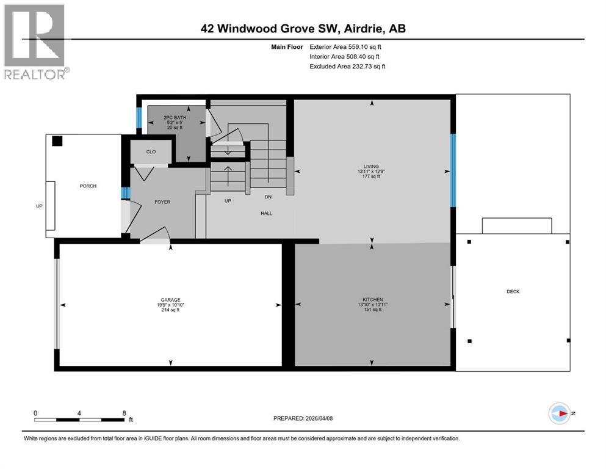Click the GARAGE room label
click(x=170, y=300)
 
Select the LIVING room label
click(x=370, y=166)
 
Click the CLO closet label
click(x=151, y=153)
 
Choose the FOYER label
click(x=162, y=202)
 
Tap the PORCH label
click(x=88, y=186)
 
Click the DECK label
click(x=513, y=292)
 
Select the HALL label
click(x=266, y=213)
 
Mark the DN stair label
click(x=268, y=197)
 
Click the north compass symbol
click(x=559, y=413)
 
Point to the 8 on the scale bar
click(x=124, y=413)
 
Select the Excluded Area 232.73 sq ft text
click(x=347, y=66)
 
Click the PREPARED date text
click(x=303, y=418)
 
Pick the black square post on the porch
click(x=57, y=141)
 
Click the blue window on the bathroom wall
click(x=139, y=118)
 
